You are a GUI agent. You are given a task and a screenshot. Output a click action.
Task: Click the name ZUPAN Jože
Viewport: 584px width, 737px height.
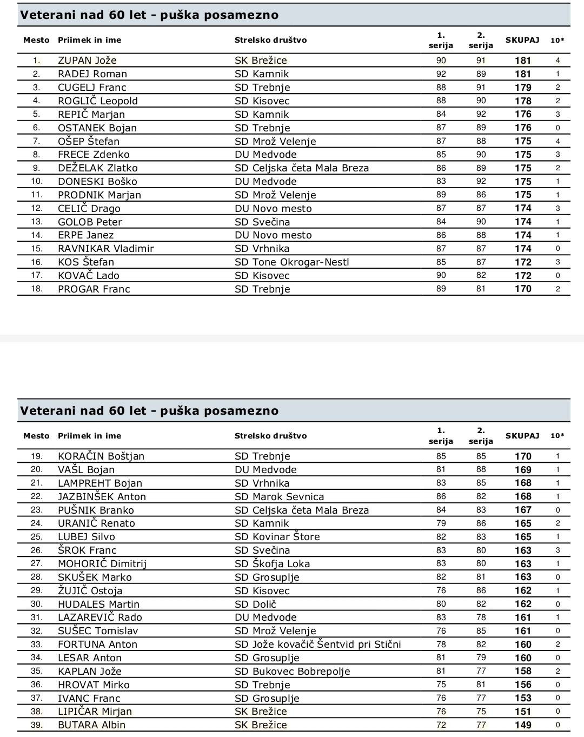[87, 61]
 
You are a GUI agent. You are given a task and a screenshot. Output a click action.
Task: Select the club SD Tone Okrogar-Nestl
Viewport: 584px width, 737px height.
[291, 262]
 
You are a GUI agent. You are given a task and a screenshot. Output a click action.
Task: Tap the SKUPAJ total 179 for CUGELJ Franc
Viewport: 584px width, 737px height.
[523, 88]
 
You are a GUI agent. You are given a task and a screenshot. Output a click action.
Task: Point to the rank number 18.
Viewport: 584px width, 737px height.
[36, 289]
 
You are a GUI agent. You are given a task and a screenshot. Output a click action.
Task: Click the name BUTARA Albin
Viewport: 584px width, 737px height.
[91, 725]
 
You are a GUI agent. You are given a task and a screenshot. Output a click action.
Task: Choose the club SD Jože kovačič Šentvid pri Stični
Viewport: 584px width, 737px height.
[317, 645]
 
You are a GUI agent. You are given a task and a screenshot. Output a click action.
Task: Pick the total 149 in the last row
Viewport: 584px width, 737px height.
[523, 725]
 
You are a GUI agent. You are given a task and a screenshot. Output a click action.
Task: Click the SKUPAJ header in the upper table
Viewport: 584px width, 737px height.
[522, 40]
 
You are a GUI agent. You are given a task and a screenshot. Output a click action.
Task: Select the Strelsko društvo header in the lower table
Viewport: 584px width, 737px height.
[270, 436]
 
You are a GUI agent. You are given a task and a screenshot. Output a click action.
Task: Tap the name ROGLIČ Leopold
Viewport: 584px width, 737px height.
[98, 101]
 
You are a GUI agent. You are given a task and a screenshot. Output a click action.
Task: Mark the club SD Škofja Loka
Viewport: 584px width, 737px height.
[272, 564]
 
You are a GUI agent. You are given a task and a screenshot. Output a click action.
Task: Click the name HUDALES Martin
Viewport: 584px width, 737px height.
[98, 605]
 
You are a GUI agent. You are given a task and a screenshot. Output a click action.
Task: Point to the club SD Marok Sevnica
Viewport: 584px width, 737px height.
[279, 496]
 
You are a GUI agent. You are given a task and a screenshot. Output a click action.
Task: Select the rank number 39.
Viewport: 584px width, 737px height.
[36, 725]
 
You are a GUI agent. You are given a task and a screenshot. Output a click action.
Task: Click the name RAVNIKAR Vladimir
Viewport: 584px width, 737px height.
[106, 249]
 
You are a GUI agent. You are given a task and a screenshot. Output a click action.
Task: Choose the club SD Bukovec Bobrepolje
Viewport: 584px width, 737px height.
[292, 672]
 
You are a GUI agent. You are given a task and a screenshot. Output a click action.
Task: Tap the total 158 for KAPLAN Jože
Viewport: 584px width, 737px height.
[523, 672]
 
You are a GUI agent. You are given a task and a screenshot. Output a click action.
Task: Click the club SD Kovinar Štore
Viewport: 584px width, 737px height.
[277, 537]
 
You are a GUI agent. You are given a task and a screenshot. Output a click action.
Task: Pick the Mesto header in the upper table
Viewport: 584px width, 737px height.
[36, 40]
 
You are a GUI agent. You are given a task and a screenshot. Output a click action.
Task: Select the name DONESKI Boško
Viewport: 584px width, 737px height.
[97, 182]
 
